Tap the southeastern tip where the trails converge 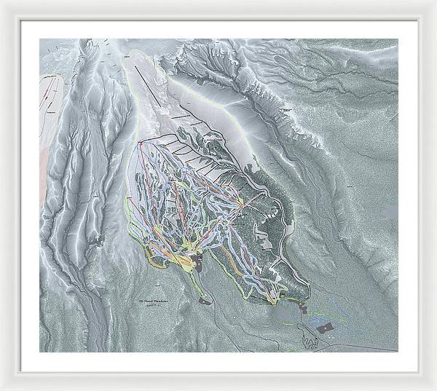[x=272, y=299]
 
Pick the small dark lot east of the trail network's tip [x=302, y=307]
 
